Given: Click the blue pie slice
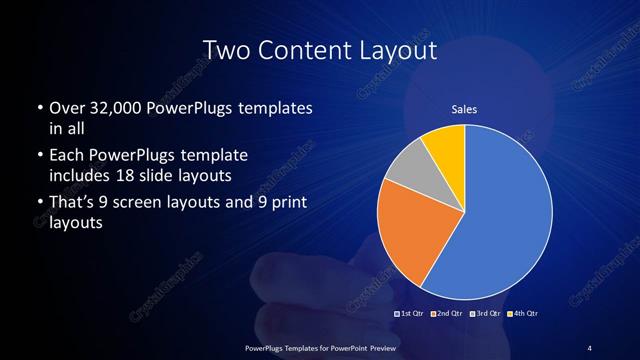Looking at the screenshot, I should coord(505,210).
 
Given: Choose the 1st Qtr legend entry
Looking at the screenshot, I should coord(411,314).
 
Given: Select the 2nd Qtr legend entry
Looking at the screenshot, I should coord(446,314).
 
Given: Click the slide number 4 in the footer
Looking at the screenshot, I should coord(589,347).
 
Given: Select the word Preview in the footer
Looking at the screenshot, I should coord(379,347).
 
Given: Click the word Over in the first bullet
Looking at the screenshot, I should coord(66,107).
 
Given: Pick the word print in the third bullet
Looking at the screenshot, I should coord(286,205).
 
